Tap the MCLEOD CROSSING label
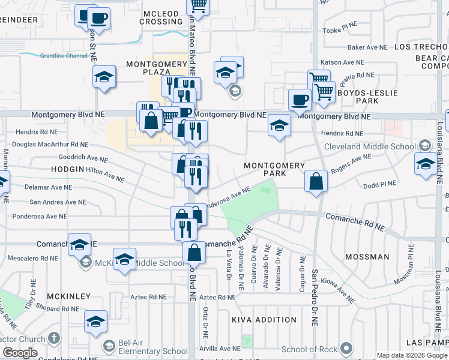tap(161, 17)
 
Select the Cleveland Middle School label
tap(370, 146)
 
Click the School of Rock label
tap(308, 349)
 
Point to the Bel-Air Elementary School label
tap(145, 351)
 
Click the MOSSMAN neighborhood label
tap(367, 257)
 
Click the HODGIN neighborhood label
tap(67, 170)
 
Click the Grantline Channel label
tap(64, 56)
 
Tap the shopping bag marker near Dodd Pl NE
tap(316, 181)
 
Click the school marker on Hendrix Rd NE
tap(279, 125)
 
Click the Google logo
tap(20, 353)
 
